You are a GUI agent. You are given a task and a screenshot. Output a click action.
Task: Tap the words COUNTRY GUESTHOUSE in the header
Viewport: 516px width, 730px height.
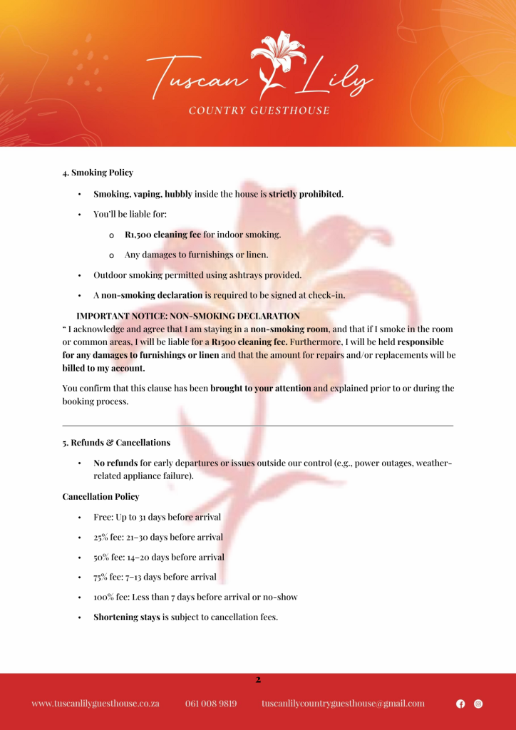(x=259, y=110)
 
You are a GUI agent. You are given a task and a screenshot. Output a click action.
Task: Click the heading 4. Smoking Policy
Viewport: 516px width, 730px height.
(x=98, y=173)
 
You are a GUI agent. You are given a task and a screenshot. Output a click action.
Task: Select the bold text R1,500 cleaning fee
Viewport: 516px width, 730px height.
(x=163, y=234)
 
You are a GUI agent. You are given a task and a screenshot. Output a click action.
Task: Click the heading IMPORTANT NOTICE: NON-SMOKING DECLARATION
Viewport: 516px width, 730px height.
(x=188, y=316)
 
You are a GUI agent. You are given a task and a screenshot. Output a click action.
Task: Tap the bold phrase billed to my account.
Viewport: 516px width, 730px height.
(x=103, y=369)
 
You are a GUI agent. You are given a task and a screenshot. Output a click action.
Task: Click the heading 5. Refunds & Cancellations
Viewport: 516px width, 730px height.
(x=116, y=443)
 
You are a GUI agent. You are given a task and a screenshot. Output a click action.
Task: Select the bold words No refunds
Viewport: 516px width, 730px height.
(x=115, y=463)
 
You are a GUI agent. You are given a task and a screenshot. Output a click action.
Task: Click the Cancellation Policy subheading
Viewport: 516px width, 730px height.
(x=100, y=497)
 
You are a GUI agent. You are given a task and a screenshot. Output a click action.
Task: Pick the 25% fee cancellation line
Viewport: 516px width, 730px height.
(x=158, y=538)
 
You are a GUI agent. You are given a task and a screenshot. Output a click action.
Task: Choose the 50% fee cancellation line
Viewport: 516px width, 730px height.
(x=158, y=557)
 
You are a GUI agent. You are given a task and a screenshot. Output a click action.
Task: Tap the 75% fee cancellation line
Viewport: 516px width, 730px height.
(x=155, y=577)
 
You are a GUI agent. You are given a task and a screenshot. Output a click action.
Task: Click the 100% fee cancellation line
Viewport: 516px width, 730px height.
(x=195, y=597)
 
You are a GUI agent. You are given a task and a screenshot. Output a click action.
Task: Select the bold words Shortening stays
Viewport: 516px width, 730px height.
(x=127, y=617)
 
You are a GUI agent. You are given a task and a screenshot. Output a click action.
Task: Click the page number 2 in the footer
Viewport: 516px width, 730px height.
(x=258, y=680)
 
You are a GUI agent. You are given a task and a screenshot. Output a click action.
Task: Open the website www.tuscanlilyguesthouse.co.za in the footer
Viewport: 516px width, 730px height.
(x=96, y=704)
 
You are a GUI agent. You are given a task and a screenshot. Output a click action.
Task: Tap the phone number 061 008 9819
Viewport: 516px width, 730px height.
(x=211, y=704)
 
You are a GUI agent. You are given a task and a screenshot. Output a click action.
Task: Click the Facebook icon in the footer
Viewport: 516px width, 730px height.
(x=460, y=704)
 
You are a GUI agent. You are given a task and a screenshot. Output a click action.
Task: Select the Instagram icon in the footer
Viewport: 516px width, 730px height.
(x=478, y=704)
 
